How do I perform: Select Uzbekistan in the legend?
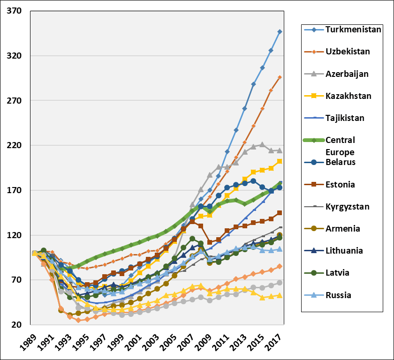(347, 52)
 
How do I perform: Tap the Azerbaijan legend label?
(347, 74)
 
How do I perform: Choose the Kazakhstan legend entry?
(348, 96)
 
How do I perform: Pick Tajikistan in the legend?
(347, 118)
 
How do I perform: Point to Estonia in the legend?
(340, 184)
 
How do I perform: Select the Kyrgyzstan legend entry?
(347, 206)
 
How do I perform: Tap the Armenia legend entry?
(342, 228)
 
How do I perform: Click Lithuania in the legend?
(344, 250)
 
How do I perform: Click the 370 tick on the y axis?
(16, 11)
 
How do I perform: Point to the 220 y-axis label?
(16, 145)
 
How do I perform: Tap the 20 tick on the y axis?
(18, 325)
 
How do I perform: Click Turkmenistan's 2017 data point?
(280, 31)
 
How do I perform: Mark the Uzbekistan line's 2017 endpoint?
(280, 77)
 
